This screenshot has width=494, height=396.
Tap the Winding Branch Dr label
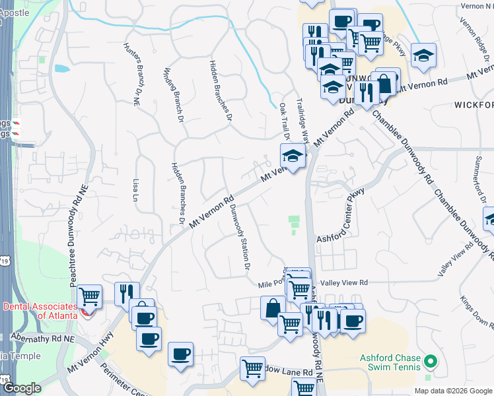pyautogui.click(x=172, y=96)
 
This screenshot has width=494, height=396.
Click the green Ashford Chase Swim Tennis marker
pyautogui.click(x=431, y=361)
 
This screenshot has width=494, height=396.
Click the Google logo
pyautogui.click(x=22, y=388)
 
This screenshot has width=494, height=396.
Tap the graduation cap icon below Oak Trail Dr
pyautogui.click(x=292, y=156)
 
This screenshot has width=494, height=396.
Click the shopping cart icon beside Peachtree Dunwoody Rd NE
pyautogui.click(x=89, y=296)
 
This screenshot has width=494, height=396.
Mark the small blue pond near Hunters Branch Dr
pyautogui.click(x=61, y=68)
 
